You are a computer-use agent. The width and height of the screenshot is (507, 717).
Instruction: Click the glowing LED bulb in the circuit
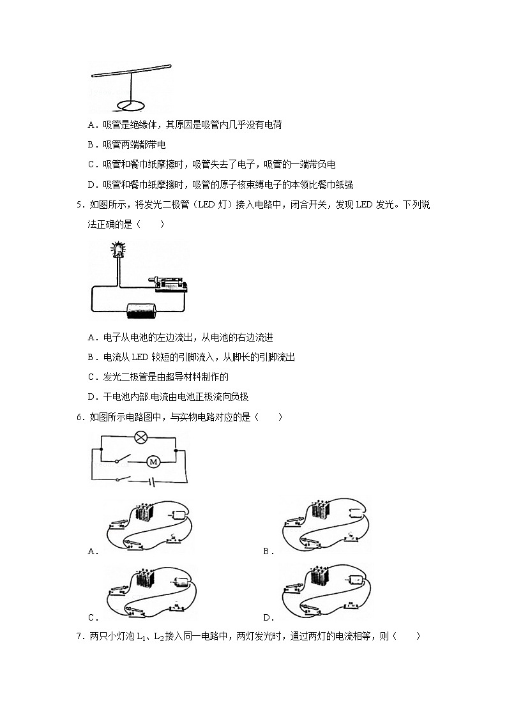(x=118, y=249)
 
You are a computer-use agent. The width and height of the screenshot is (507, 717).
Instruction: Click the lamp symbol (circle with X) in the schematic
(x=139, y=438)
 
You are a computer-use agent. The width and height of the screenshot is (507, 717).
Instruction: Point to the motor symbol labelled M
(x=153, y=460)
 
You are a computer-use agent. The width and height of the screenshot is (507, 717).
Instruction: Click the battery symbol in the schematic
(x=152, y=480)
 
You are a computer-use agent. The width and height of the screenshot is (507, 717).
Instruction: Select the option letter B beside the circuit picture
(x=267, y=552)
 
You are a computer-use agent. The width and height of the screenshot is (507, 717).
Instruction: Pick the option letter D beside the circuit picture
(x=267, y=617)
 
